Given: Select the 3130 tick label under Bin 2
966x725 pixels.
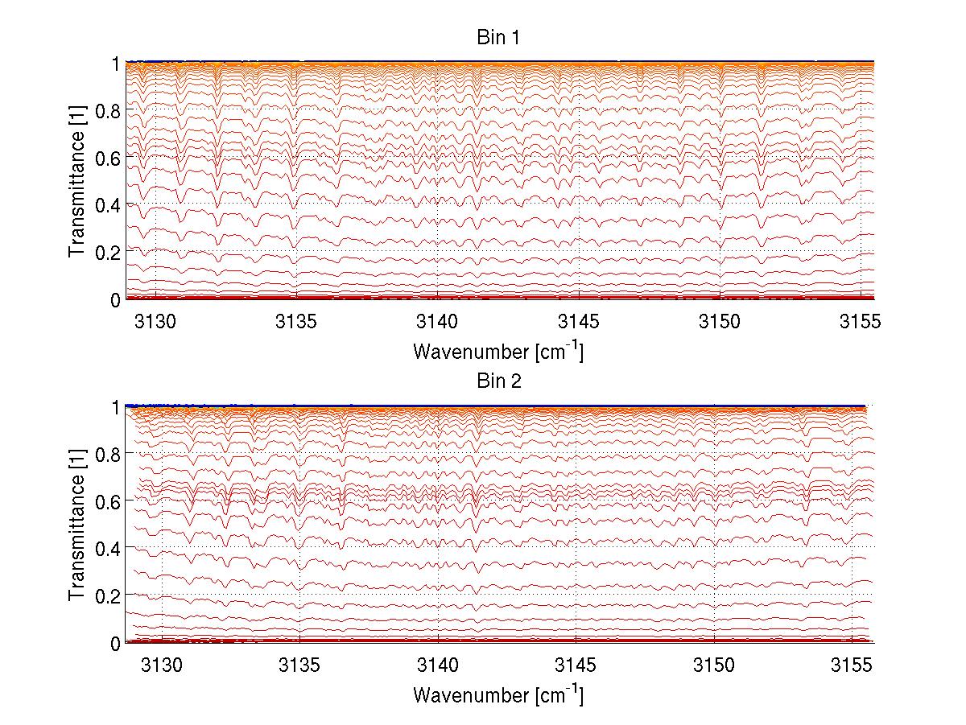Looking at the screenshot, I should (x=163, y=665).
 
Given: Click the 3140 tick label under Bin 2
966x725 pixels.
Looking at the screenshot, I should (x=438, y=665).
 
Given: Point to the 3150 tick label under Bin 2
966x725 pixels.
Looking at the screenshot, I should (x=714, y=665).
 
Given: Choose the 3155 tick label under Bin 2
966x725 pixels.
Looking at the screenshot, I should (x=852, y=665).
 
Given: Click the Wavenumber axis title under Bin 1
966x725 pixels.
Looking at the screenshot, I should (x=497, y=351).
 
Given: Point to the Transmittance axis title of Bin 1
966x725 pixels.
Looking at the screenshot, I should (x=77, y=181).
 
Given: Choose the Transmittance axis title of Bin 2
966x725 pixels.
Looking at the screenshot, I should (x=77, y=525).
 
